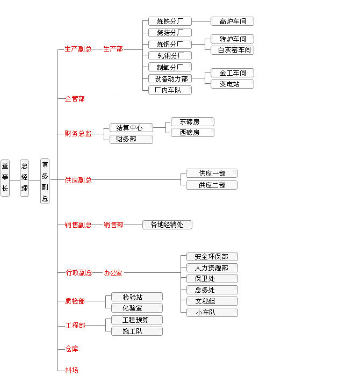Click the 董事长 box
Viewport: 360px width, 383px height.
5,177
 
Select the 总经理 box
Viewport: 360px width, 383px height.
24,177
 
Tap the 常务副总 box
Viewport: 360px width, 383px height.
45,180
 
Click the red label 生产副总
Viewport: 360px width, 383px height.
78,49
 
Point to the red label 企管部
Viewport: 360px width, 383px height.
75,99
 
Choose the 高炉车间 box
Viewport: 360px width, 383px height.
232,21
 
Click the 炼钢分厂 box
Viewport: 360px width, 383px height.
170,44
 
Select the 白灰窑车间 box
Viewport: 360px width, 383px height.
232,50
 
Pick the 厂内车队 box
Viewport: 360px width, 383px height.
170,90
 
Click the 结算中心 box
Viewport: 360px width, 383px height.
131,128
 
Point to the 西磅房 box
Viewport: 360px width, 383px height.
192,132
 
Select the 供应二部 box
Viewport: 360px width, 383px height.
212,185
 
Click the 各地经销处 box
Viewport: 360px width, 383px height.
167,225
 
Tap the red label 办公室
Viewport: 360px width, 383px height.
113,273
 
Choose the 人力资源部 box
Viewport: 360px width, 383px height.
212,268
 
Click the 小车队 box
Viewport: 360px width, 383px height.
212,312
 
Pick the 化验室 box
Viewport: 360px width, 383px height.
136,308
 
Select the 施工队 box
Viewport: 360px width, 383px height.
136,331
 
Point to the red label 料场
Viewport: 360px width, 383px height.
71,370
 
